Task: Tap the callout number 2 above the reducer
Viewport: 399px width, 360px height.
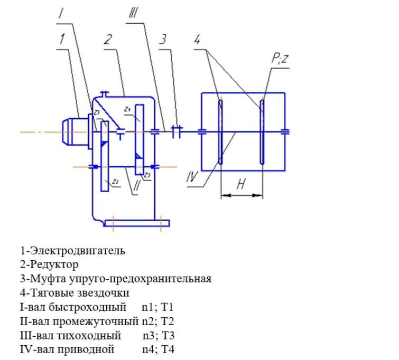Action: tap(108, 39)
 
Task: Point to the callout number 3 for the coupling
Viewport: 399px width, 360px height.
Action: tap(164, 39)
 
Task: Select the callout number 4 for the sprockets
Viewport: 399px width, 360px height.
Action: tap(197, 39)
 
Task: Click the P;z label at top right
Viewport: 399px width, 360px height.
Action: tap(279, 59)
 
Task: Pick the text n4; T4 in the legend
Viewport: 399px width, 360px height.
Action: tap(158, 349)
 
